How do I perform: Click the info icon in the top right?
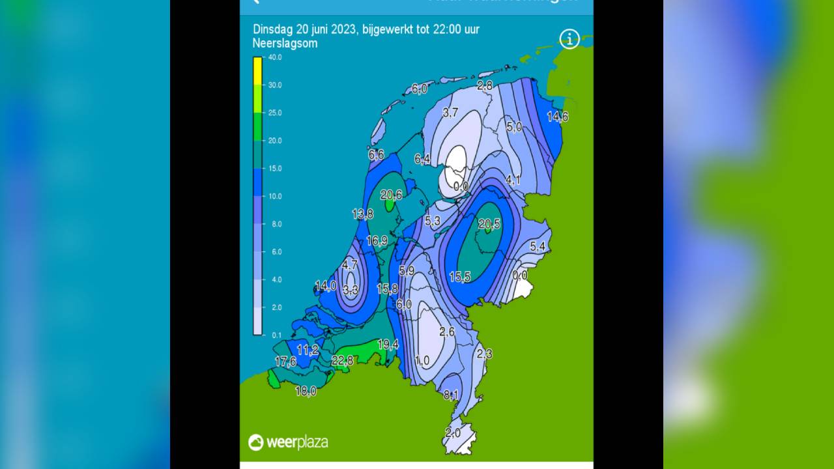(569, 39)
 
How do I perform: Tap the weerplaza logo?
(288, 442)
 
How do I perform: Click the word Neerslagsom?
(285, 44)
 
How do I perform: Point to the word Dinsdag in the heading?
(274, 30)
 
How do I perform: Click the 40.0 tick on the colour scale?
(275, 57)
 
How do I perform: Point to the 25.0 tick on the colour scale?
(275, 113)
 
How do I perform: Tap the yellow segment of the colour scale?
(257, 71)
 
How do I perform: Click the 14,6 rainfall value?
(557, 117)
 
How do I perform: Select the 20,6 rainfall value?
(392, 194)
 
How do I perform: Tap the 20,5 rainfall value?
(489, 224)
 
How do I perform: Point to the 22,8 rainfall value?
(342, 360)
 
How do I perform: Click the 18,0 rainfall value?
(306, 391)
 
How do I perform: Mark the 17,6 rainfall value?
(285, 362)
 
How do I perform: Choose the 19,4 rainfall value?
(388, 344)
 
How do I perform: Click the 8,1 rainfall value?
(451, 395)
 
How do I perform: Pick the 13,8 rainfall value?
(363, 214)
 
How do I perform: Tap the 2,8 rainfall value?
(485, 85)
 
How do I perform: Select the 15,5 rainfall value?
(460, 277)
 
